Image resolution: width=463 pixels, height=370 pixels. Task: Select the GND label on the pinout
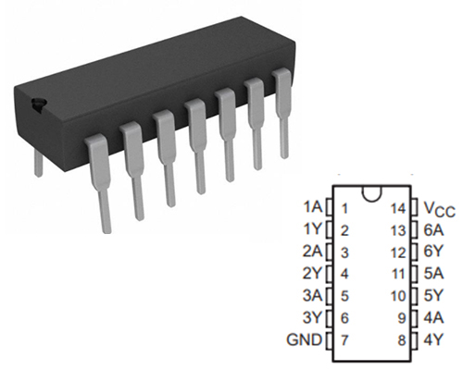click(306, 340)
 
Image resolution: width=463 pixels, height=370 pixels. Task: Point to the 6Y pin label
click(432, 252)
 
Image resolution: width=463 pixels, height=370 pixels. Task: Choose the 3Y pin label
click(313, 318)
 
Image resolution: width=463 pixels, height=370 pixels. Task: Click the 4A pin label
click(432, 318)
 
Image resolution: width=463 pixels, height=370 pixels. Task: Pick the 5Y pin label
click(432, 296)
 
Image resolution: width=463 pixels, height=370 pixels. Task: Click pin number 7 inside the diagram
click(344, 340)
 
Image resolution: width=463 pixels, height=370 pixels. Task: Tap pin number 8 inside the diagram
click(402, 340)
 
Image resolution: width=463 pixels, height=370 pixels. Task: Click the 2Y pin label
click(313, 274)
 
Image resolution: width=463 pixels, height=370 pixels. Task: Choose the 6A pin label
click(432, 229)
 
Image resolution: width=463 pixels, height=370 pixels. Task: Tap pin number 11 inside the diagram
click(398, 274)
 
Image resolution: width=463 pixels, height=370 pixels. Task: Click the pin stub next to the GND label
click(328, 340)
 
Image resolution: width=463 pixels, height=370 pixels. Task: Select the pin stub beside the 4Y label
click(416, 340)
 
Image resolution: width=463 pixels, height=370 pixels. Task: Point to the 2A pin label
click(313, 252)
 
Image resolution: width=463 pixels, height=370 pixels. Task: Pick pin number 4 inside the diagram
click(344, 274)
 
